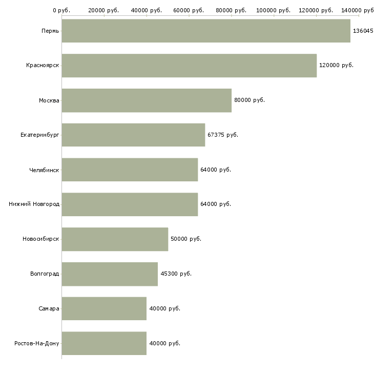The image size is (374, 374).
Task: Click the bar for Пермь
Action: coord(206,31)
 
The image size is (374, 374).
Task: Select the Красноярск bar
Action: coord(189,66)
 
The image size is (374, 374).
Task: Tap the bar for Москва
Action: coord(147,100)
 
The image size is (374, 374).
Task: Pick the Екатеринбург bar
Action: coord(133,135)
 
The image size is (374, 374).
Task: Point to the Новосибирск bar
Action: coord(115,239)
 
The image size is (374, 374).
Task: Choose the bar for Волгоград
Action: coord(110,274)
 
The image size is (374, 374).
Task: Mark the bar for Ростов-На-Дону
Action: coord(104,343)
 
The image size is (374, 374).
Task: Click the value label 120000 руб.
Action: coord(336,66)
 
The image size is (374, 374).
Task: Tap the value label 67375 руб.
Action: coord(223,135)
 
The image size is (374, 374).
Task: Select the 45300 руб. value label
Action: coord(176,274)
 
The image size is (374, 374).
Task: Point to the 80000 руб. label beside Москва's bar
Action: coord(250,100)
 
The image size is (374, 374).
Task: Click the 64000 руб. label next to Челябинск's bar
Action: coord(216,170)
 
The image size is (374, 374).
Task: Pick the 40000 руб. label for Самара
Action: coord(164,308)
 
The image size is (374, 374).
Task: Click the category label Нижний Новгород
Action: coord(34,204)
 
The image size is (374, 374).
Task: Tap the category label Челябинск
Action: coord(44,170)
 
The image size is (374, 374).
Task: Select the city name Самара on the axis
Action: coord(49,308)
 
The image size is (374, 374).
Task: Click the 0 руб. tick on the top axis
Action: coord(61,10)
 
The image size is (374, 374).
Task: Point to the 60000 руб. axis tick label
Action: coord(189,10)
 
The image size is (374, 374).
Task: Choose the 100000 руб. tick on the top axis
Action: coord(274,10)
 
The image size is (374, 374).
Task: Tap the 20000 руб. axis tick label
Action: coord(103,10)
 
